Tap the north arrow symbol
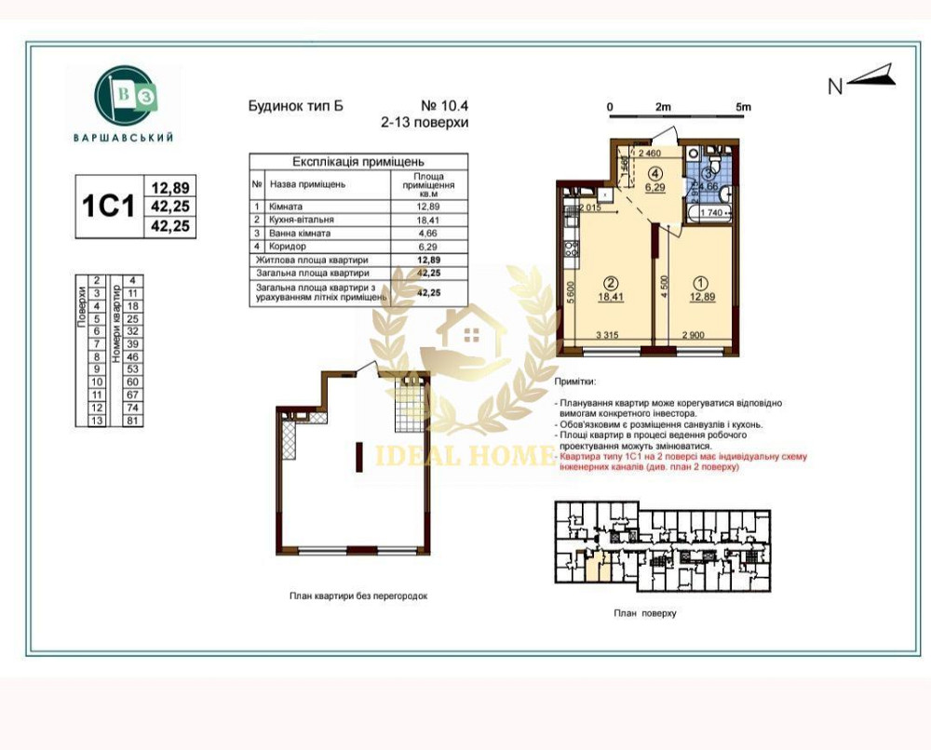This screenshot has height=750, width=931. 872,75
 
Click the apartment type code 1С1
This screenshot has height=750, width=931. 109,205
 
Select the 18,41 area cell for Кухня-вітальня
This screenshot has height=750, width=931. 427,220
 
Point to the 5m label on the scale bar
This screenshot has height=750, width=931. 742,107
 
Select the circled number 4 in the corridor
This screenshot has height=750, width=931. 655,173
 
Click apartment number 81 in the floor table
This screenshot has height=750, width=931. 133,421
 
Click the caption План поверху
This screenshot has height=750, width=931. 644,613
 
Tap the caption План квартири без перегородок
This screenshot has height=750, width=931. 358,595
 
